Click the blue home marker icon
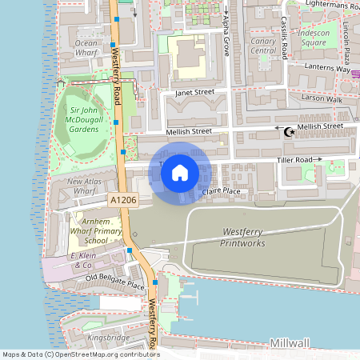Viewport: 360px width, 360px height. pyautogui.click(x=180, y=172)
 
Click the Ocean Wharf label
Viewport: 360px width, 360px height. pyautogui.click(x=86, y=47)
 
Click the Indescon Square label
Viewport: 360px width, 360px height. pyautogui.click(x=314, y=37)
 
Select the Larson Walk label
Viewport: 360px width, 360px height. pyautogui.click(x=322, y=99)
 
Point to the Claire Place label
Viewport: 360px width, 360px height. pyautogui.click(x=221, y=191)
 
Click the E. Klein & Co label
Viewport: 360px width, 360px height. pyautogui.click(x=82, y=259)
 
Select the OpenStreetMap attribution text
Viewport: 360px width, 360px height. pyautogui.click(x=80, y=354)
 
